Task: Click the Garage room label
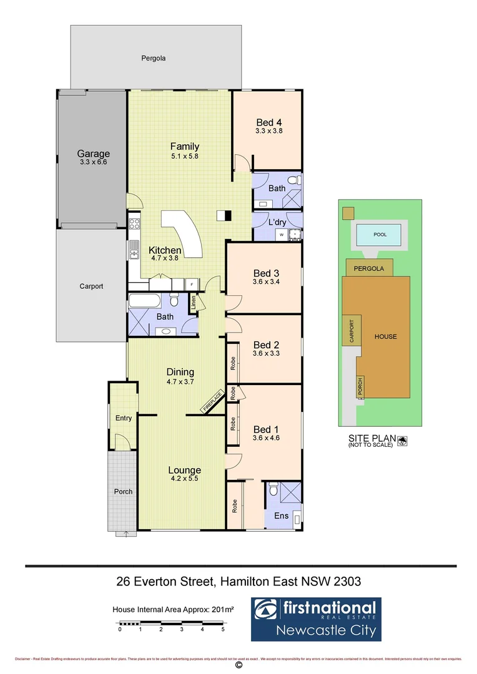coord(93,154)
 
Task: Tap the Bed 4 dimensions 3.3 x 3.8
coord(268,131)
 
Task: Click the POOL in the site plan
coord(380,235)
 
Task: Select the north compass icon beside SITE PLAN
coord(402,441)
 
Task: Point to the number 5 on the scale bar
coord(223,630)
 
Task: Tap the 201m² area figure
coord(222,610)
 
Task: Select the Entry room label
coord(124,418)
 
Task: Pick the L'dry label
coord(277,222)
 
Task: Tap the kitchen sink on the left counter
coord(134,253)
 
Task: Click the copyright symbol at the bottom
coord(238,665)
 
